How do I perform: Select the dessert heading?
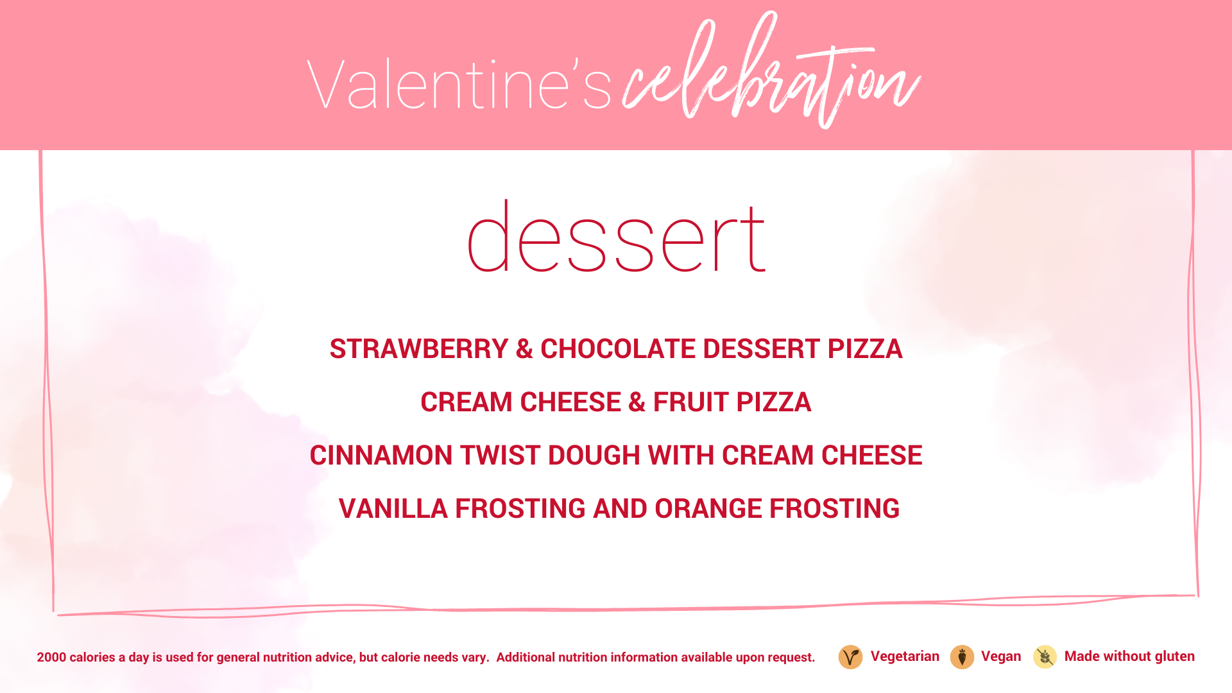point(616,236)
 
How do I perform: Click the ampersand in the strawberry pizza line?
point(524,349)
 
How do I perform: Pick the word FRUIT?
point(691,402)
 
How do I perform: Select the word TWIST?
point(501,456)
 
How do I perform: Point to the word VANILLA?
point(393,509)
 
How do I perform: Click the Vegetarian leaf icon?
point(850,657)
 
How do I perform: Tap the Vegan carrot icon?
point(962,657)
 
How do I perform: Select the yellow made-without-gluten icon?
point(1045,657)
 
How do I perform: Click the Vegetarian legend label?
point(905,656)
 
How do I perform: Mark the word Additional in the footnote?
point(526,658)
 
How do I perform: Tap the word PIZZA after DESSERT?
point(865,349)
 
